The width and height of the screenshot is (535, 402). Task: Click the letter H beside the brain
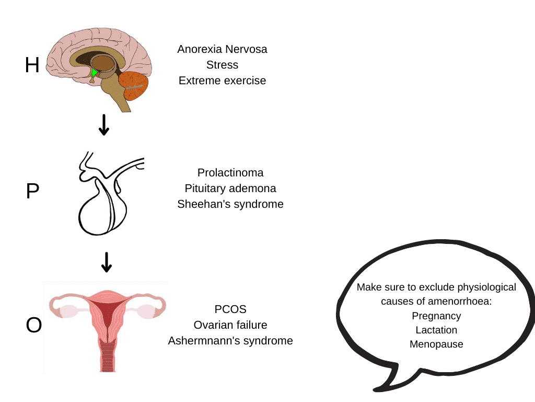pos(32,65)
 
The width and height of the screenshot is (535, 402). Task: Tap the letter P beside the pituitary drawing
pos(32,192)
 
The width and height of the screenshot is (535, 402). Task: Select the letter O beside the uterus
pos(33,325)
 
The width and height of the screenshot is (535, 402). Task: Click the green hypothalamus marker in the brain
pos(94,73)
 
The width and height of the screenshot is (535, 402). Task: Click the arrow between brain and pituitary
pos(104,124)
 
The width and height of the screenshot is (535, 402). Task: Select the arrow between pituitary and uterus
pos(106,262)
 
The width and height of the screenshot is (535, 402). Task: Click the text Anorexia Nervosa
pos(222,49)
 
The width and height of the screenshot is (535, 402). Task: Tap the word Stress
pos(222,65)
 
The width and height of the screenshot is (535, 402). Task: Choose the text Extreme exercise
pos(222,81)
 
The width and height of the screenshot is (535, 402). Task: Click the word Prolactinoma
pos(230,172)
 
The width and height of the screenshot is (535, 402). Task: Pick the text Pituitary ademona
pos(230,188)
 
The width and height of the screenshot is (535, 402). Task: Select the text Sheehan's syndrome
pos(230,204)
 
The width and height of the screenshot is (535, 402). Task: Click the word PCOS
pos(230,309)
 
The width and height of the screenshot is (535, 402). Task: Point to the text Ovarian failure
pos(230,325)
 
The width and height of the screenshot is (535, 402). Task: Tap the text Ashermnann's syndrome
pos(230,341)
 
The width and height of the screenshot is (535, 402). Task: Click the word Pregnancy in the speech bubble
pos(436,316)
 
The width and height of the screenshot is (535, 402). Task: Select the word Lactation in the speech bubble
pos(436,330)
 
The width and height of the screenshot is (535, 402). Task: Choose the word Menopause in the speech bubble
pos(436,344)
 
